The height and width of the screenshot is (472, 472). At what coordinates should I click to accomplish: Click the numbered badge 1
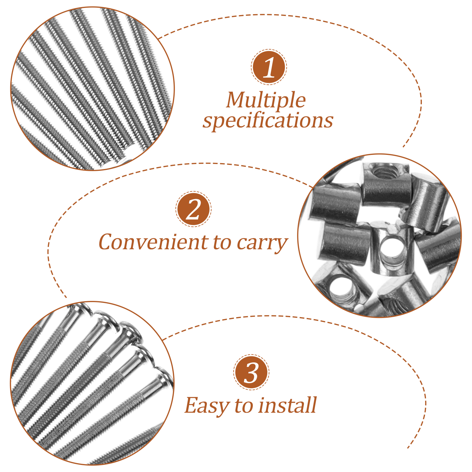[x=269, y=67]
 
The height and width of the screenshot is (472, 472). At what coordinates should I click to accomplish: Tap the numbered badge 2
[x=194, y=209]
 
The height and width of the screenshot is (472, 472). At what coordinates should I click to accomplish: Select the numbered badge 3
[x=251, y=372]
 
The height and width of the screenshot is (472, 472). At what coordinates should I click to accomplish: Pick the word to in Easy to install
[x=244, y=406]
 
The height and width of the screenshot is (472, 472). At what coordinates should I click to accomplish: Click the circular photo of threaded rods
[x=93, y=88]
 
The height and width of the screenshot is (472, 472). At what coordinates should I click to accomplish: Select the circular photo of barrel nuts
[x=380, y=235]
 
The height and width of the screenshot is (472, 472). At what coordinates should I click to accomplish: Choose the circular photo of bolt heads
[x=93, y=383]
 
